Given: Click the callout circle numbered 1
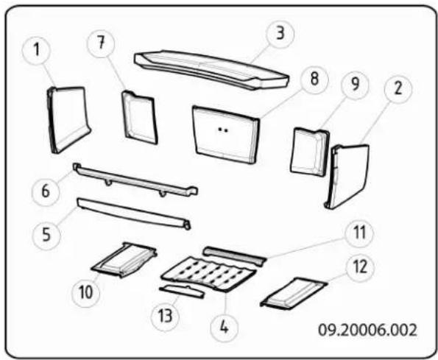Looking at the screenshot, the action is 37,51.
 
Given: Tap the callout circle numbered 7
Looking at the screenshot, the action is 101,43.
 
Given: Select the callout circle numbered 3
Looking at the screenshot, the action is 280,33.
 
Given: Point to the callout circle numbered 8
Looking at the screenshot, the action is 314,79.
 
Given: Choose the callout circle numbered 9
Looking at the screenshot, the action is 355,85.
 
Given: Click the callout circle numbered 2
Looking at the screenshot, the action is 398,89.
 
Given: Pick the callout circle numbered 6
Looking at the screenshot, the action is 46,191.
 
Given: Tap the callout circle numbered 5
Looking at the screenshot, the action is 46,234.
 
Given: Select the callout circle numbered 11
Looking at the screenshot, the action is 359,233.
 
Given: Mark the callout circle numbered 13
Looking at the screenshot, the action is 165,317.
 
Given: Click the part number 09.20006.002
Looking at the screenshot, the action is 367,330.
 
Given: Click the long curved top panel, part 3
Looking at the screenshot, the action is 211,69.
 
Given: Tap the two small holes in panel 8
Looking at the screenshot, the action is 222,130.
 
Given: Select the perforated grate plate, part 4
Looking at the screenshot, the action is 208,274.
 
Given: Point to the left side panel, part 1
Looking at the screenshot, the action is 69,120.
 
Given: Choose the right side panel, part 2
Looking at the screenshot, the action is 347,177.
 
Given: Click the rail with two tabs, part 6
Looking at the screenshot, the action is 135,180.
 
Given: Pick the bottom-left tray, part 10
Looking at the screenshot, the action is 124,260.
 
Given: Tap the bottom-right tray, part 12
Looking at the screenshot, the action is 293,294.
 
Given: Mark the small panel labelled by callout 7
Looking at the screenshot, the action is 140,118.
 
